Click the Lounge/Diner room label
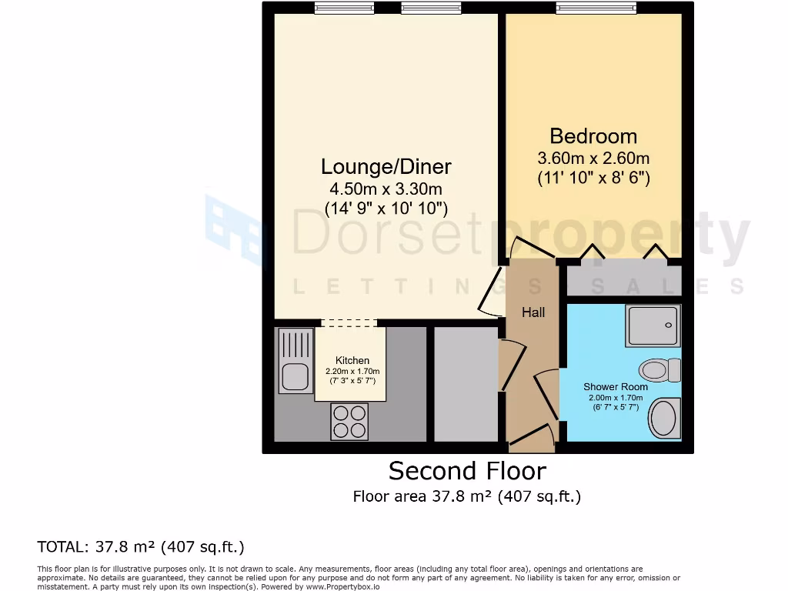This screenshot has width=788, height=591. pyautogui.click(x=386, y=166)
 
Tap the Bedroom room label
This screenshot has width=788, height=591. pyautogui.click(x=593, y=136)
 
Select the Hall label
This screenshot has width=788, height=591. pyautogui.click(x=533, y=312)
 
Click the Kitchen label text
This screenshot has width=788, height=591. pyautogui.click(x=352, y=360)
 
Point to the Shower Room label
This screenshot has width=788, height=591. pyautogui.click(x=615, y=386)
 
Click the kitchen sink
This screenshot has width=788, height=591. pyautogui.click(x=295, y=361)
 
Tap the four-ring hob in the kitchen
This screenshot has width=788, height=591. pyautogui.click(x=349, y=422)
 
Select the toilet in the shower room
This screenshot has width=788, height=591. pyautogui.click(x=659, y=370)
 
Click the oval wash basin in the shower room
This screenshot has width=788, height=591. pyautogui.click(x=663, y=418)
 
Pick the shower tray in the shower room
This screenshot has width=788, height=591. pyautogui.click(x=653, y=326)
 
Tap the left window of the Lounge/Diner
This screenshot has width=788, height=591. pyautogui.click(x=343, y=8)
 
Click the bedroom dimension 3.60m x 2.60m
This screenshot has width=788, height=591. pyautogui.click(x=593, y=159)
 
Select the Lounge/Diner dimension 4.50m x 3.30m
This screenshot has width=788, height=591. pyautogui.click(x=386, y=189)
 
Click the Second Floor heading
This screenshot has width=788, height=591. pyautogui.click(x=466, y=470)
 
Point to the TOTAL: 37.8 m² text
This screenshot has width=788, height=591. pyautogui.click(x=141, y=547)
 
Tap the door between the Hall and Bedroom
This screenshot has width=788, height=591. pyautogui.click(x=533, y=249)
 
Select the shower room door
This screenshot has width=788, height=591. pyautogui.click(x=548, y=394)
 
